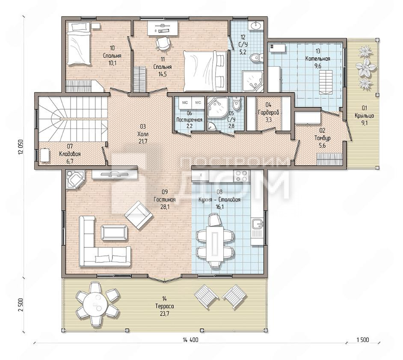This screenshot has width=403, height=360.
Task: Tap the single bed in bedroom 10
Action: [x=79, y=44]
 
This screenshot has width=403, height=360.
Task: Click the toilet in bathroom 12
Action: [x=257, y=57]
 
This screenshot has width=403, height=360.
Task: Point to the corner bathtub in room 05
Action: [x=217, y=107]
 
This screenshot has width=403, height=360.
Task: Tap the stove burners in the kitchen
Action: [x=241, y=176]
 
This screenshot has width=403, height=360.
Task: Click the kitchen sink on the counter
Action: [x=257, y=224]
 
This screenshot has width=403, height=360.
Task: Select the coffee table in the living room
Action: [x=114, y=232]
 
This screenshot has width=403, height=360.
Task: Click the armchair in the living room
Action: [x=139, y=215]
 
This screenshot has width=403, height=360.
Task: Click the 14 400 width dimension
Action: [x=190, y=340]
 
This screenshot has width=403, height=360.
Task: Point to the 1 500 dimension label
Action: [x=363, y=340]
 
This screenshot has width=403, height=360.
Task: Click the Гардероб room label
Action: [x=269, y=113]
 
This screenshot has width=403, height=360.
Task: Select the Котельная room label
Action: [x=318, y=59]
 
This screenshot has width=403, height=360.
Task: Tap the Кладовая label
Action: [x=70, y=154]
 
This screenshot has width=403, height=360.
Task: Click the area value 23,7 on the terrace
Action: [x=164, y=314]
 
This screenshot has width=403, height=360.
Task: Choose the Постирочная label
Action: [x=190, y=120]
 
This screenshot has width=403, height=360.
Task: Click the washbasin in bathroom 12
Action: [x=256, y=25]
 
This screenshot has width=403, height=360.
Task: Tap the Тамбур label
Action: [x=323, y=138]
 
